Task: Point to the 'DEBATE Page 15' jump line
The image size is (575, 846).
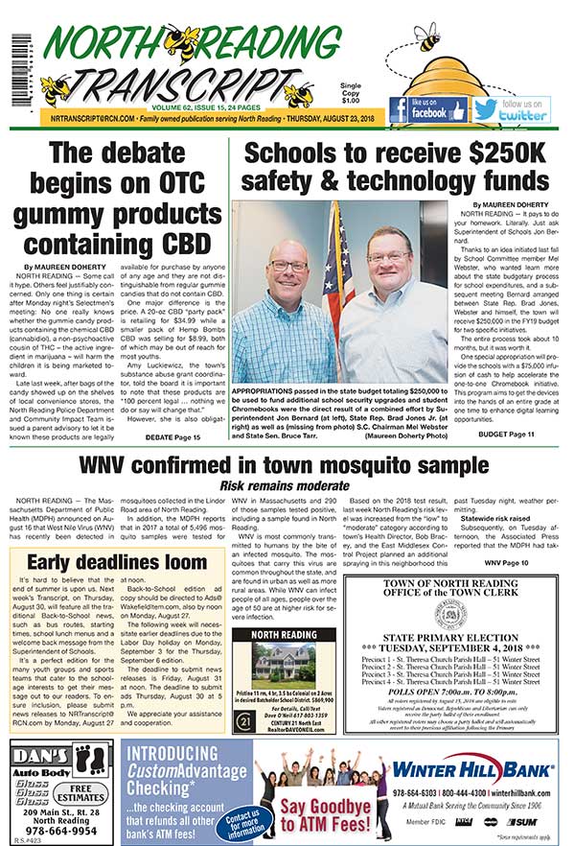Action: tap(172, 436)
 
